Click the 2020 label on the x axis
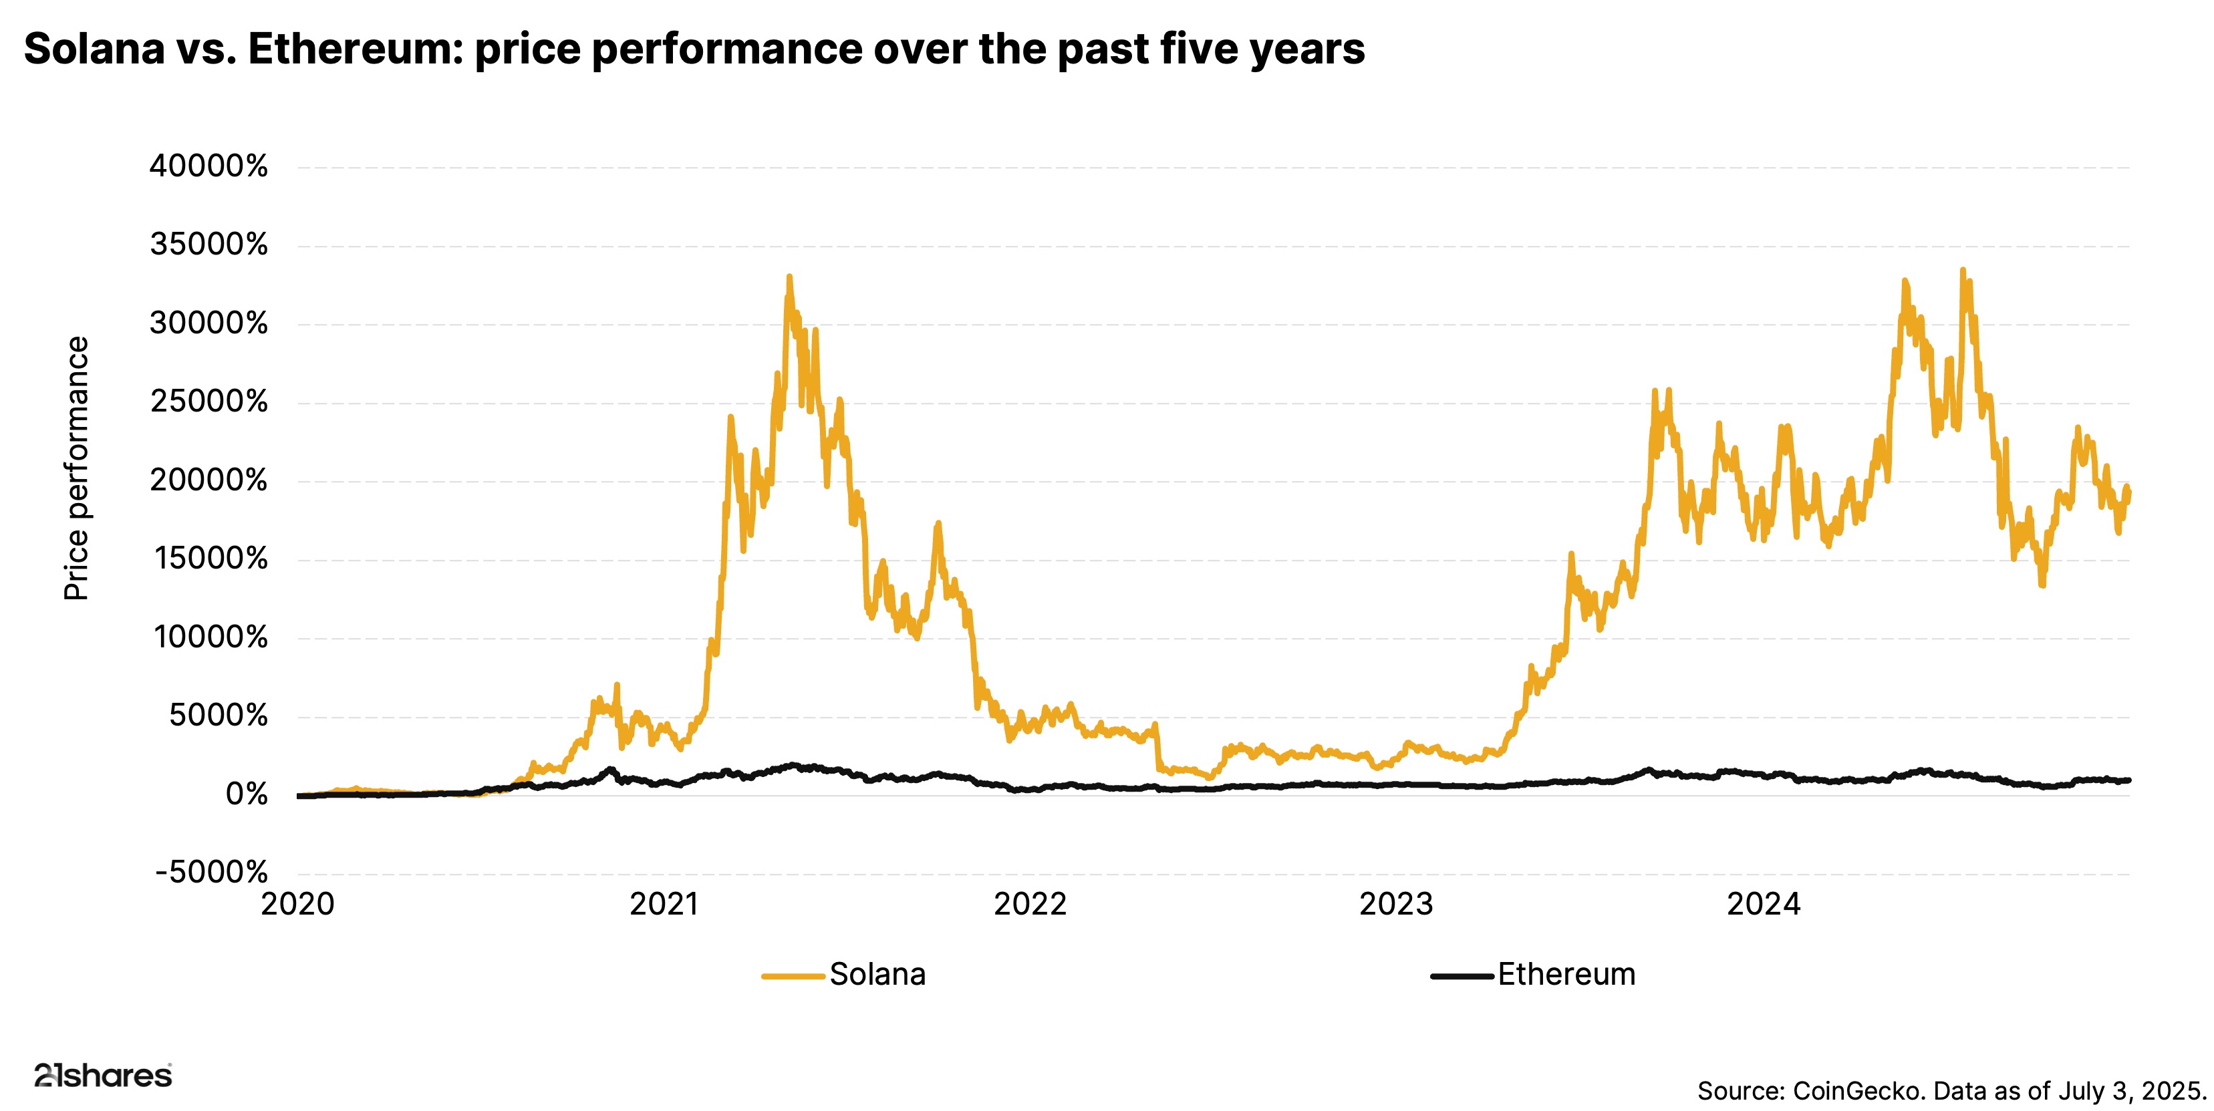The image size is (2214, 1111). [x=297, y=904]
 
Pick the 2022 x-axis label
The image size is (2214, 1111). [x=1030, y=904]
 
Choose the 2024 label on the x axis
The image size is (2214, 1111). [x=1764, y=904]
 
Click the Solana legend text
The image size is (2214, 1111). [x=877, y=975]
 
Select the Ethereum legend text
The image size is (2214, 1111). [x=1566, y=975]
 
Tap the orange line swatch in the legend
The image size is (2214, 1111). [x=793, y=976]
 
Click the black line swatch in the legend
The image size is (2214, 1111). [x=1461, y=976]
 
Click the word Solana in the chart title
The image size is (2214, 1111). [x=94, y=49]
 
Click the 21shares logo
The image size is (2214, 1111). [x=103, y=1075]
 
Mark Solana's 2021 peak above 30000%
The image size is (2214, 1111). [x=789, y=277]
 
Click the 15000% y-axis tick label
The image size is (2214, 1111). [x=211, y=559]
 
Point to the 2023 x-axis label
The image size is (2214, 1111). [x=1396, y=904]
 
